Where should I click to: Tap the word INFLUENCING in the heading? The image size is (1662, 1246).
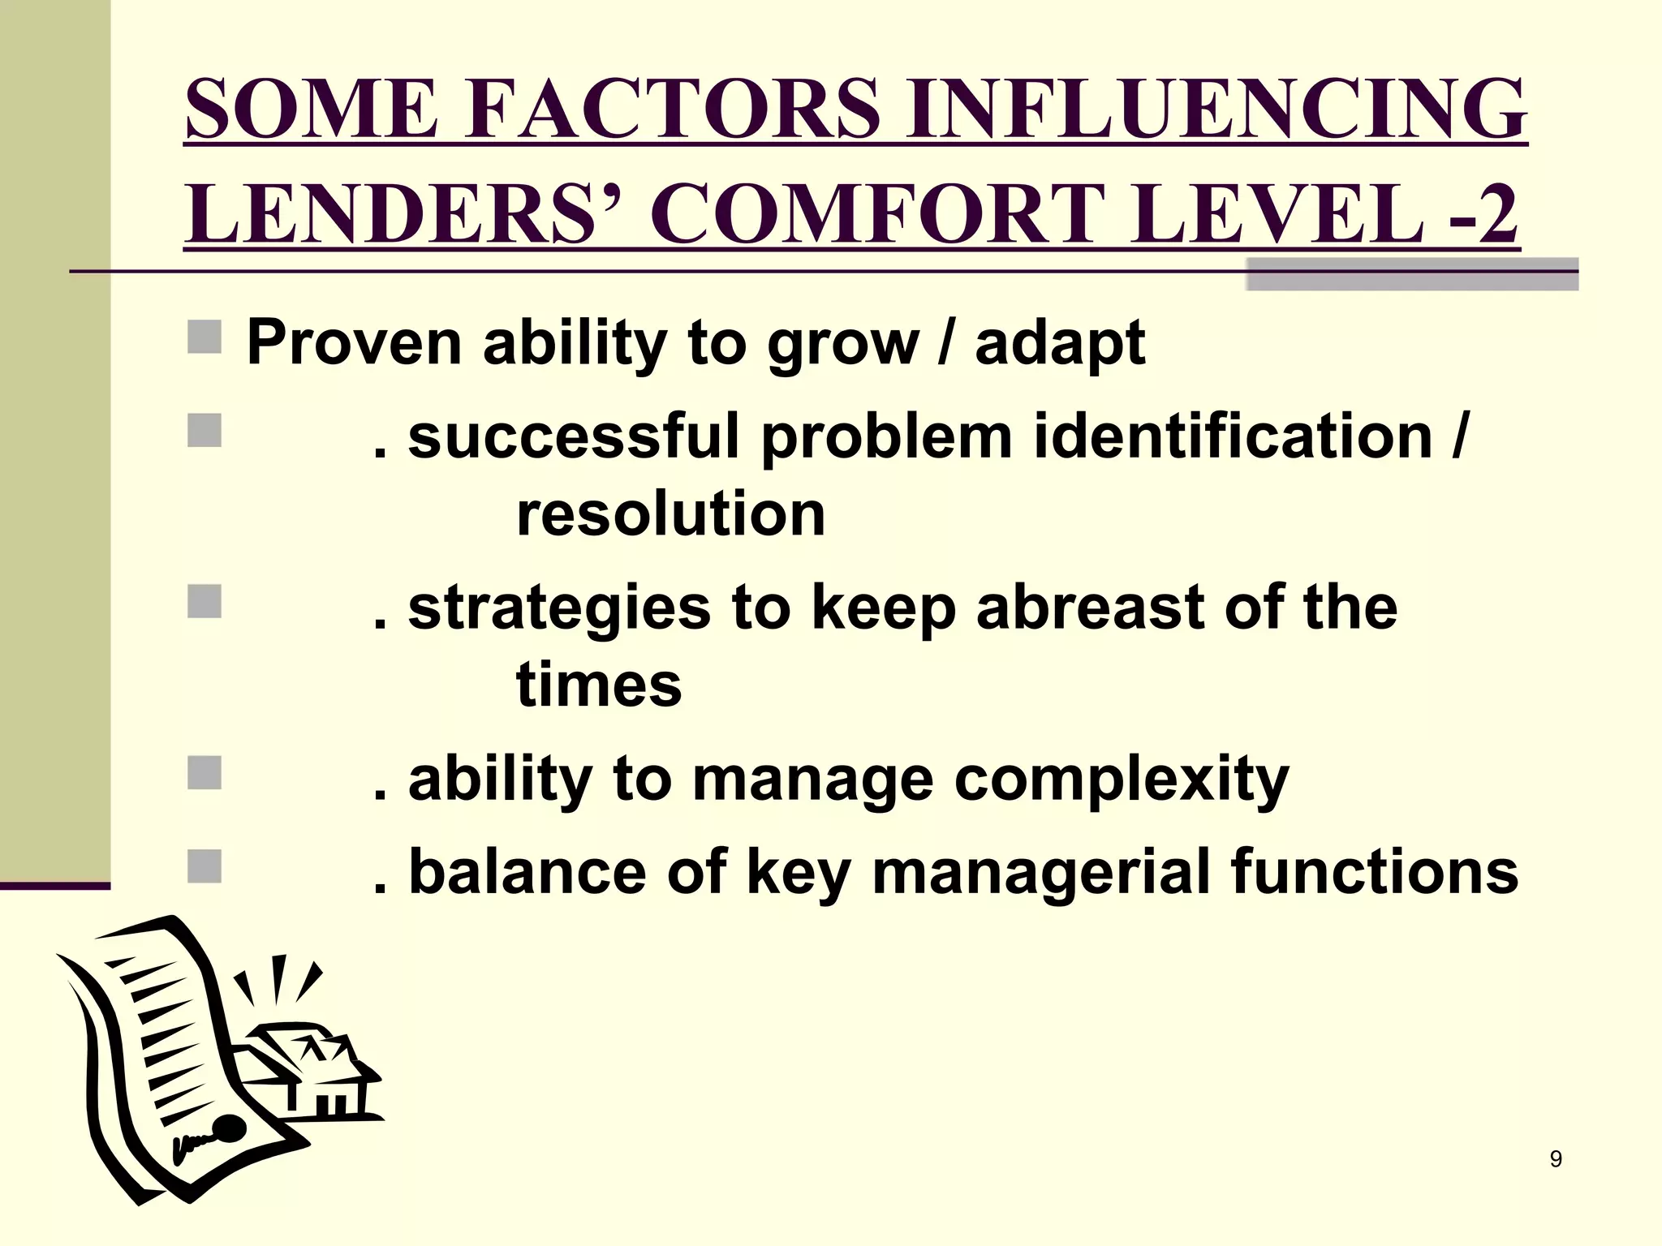coord(1217,109)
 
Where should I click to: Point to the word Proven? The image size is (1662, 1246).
coord(354,342)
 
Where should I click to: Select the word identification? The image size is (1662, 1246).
coord(1234,436)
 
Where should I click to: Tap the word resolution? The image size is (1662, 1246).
coord(670,514)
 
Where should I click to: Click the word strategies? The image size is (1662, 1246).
coord(558,609)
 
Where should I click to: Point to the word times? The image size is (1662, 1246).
coord(599,685)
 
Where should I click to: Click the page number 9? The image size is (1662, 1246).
coord(1556,1159)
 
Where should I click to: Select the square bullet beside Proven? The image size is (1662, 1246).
coord(205,337)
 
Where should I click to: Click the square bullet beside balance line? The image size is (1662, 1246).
coord(205,866)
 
